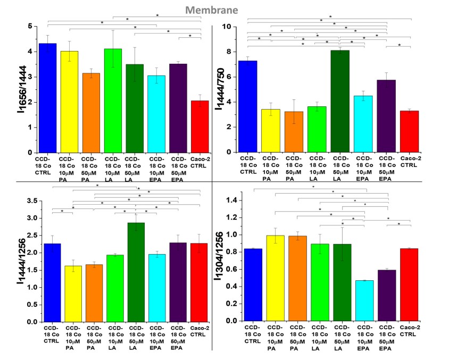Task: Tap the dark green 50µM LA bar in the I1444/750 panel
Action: pyautogui.click(x=340, y=101)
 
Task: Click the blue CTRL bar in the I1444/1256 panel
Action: pyautogui.click(x=52, y=282)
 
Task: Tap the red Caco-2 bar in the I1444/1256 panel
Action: pyautogui.click(x=200, y=282)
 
